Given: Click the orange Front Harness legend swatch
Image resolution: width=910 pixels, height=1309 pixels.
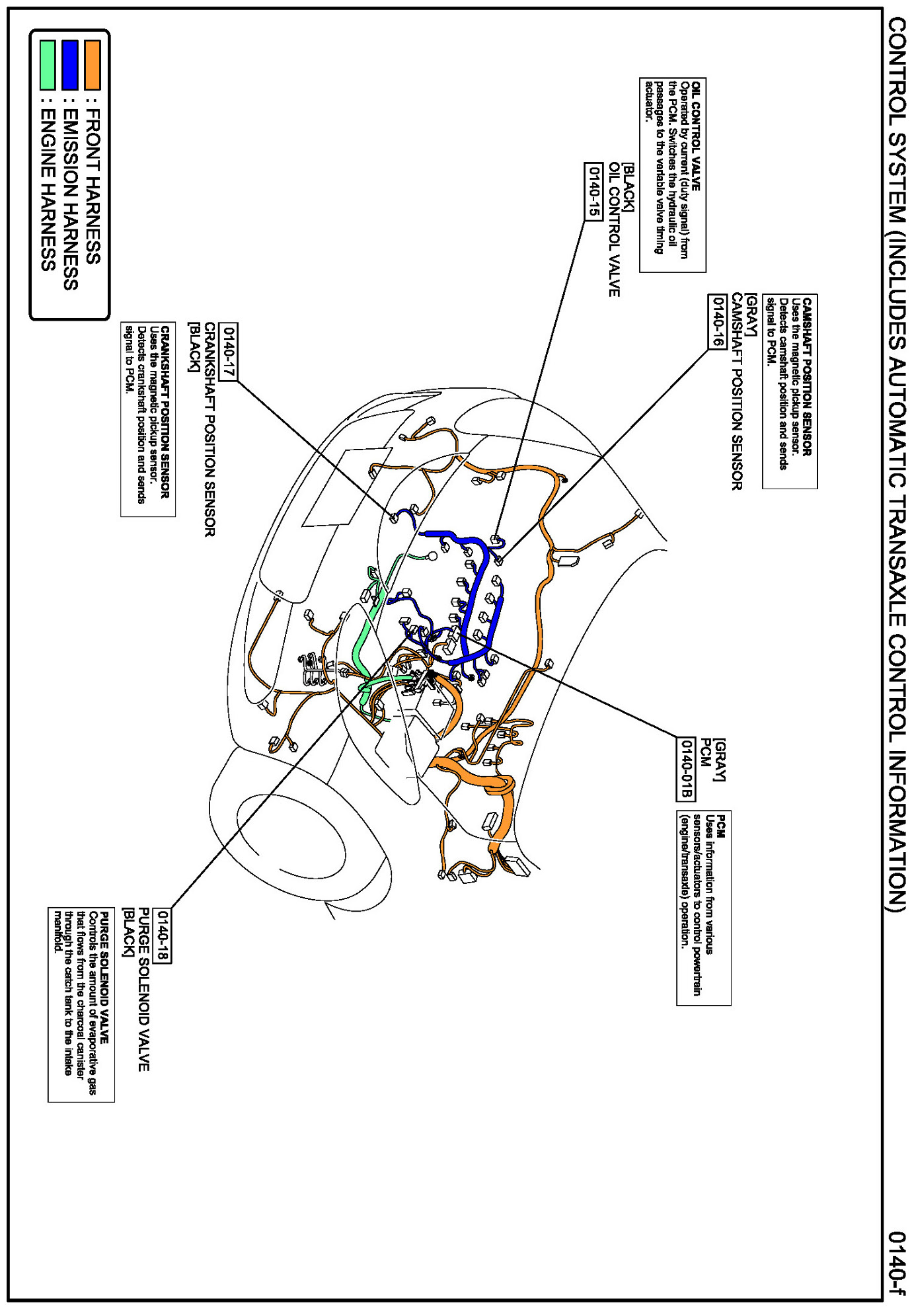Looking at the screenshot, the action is click(x=92, y=65).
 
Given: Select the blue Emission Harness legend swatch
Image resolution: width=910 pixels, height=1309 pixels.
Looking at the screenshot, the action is click(x=69, y=65).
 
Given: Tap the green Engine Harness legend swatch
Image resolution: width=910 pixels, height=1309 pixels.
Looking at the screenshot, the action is click(x=47, y=65).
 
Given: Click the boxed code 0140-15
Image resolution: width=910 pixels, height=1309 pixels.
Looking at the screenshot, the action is click(x=593, y=191).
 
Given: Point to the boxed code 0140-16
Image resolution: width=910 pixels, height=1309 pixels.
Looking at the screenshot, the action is click(x=717, y=321).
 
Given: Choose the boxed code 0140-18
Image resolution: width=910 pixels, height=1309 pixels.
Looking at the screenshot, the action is click(x=162, y=935).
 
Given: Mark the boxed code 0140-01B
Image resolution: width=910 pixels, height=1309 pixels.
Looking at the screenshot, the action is click(x=687, y=768).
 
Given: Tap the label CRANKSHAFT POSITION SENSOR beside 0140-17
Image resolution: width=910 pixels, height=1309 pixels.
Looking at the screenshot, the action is click(x=209, y=430).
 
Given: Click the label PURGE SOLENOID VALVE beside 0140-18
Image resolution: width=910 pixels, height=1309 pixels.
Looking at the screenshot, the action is click(x=143, y=989).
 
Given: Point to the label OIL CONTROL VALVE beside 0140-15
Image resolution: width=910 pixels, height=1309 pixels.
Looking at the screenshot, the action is click(x=614, y=229).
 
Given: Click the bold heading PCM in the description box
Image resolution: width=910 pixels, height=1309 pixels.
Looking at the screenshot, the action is click(x=721, y=826).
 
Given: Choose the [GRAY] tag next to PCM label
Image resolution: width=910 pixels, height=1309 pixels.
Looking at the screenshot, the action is click(x=720, y=760).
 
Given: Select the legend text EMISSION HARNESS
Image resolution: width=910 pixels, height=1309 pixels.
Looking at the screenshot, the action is click(x=70, y=199).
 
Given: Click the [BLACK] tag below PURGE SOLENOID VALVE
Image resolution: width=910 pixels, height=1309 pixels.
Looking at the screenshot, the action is click(x=128, y=932).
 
